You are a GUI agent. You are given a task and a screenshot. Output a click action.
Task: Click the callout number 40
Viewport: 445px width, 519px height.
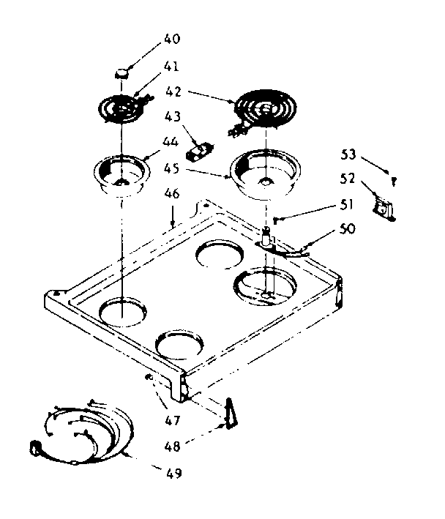click(x=171, y=38)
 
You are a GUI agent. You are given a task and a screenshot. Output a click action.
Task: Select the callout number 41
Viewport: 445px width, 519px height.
click(x=171, y=66)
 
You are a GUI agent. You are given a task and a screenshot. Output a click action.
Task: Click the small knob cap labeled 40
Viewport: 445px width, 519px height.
click(x=121, y=72)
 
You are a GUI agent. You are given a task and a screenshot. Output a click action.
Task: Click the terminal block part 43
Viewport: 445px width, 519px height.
click(x=200, y=151)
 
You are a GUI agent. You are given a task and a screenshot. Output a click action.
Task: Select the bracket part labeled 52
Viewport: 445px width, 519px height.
click(x=383, y=206)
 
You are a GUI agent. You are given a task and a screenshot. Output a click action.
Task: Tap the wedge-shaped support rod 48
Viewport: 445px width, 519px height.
click(x=232, y=411)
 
